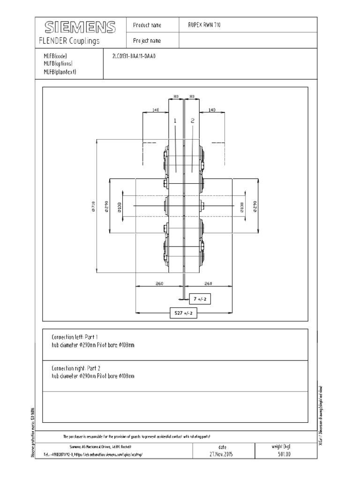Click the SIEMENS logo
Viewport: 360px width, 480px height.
pyautogui.click(x=80, y=27)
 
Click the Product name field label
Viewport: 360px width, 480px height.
pyautogui.click(x=147, y=25)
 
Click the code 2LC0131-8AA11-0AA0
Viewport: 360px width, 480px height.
pyautogui.click(x=133, y=56)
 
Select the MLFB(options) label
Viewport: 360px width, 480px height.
pyautogui.click(x=58, y=64)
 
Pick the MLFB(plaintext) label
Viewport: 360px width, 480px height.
pyautogui.click(x=60, y=72)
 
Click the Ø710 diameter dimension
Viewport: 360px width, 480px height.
pyautogui.click(x=94, y=206)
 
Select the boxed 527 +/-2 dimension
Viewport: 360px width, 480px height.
pyautogui.click(x=183, y=313)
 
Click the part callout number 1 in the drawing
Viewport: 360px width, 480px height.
pyautogui.click(x=175, y=120)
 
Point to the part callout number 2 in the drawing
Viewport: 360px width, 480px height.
pyautogui.click(x=193, y=120)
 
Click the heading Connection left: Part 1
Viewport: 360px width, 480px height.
pyautogui.click(x=75, y=337)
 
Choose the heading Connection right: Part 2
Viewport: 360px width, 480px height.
pyautogui.click(x=76, y=368)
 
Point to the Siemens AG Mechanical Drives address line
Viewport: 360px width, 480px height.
pyautogui.click(x=103, y=447)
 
